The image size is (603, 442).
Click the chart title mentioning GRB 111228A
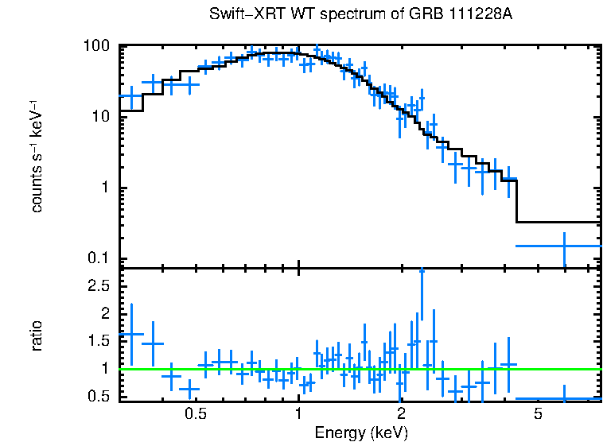365,15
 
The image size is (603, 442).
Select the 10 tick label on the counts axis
101,117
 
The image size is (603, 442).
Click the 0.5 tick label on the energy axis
195,414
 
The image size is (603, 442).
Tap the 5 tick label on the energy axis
538,414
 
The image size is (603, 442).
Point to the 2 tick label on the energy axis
402,414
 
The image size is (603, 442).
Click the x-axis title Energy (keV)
361,432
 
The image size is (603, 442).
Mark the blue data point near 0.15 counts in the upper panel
564,246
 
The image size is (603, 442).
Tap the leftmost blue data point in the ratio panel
132,334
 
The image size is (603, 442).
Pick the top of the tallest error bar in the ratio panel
422,270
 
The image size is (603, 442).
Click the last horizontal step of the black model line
559,222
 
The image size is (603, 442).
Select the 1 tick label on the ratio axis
107,368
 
